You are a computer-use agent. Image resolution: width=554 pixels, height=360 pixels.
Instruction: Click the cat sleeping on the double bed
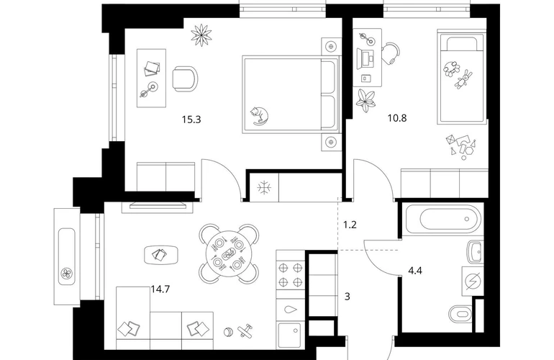coord(259,116)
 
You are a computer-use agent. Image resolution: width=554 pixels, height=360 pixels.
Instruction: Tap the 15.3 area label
coord(191,120)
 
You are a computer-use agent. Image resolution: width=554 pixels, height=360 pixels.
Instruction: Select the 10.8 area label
coord(397,118)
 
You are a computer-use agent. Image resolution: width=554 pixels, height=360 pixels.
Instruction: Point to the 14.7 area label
coord(160,289)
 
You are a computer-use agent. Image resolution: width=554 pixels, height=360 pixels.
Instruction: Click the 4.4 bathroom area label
coord(415,271)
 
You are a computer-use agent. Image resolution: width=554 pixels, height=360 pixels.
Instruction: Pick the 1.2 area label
coord(350,225)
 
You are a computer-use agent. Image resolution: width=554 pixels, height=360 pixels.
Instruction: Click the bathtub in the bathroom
coord(443,220)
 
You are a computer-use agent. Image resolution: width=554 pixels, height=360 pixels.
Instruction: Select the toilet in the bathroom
coord(460,313)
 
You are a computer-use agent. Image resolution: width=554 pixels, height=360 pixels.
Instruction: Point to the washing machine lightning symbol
coord(473,282)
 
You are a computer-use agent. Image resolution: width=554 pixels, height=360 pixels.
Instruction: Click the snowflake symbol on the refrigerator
coord(263,187)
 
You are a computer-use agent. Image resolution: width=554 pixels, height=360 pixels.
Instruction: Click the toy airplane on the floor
coord(245,331)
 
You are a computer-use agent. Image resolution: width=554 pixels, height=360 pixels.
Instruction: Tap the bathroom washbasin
coord(475,252)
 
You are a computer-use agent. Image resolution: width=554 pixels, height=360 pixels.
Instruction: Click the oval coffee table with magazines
coord(161,254)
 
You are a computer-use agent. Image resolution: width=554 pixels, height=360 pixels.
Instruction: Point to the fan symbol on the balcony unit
coord(66,273)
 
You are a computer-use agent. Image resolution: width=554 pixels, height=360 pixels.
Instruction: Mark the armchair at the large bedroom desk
coord(185,78)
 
